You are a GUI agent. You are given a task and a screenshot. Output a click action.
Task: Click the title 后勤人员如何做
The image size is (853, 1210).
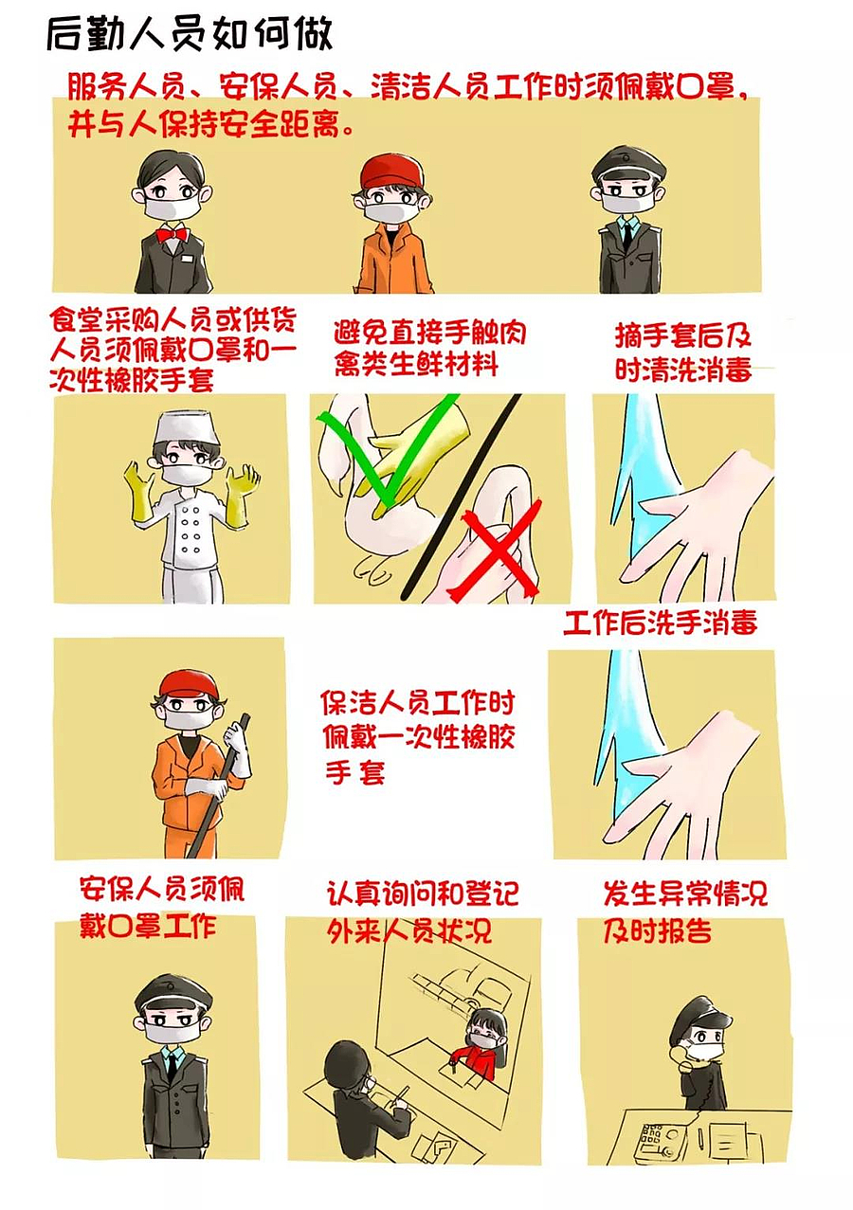click(189, 35)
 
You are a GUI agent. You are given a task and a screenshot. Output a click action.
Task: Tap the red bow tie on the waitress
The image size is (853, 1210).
click(171, 233)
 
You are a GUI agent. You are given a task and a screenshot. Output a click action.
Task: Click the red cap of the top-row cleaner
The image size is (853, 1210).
click(391, 172)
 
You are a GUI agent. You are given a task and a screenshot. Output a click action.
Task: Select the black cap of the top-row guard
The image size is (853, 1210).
click(628, 164)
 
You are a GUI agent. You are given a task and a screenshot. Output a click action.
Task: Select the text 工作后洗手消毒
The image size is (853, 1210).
click(661, 623)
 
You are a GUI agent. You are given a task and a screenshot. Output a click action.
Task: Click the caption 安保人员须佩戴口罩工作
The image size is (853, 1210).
click(161, 907)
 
